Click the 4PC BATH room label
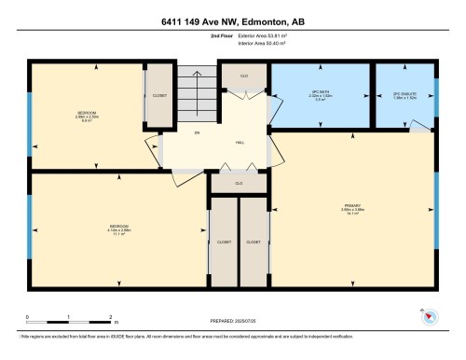click(x=321, y=96)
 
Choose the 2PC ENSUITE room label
click(x=404, y=96)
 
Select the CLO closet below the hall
click(x=240, y=183)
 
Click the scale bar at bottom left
click(x=69, y=319)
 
